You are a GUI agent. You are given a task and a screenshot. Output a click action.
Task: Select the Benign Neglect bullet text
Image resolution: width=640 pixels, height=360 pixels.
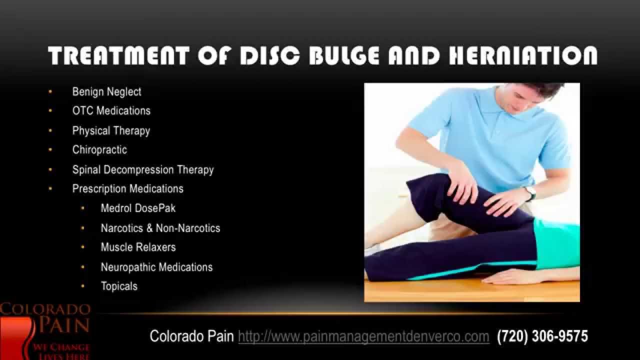click(x=106, y=92)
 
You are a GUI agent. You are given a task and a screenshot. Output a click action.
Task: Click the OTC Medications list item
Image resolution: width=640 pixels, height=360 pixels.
click(x=111, y=110)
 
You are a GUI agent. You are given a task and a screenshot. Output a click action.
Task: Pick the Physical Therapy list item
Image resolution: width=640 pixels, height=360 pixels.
click(x=111, y=130)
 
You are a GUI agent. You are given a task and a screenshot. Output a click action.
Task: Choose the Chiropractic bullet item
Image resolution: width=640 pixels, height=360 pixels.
click(x=99, y=149)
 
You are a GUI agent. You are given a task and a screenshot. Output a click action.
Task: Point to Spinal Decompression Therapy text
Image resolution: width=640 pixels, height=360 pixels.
click(x=143, y=169)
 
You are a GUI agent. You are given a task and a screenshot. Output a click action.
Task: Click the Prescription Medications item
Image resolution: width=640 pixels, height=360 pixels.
click(x=127, y=188)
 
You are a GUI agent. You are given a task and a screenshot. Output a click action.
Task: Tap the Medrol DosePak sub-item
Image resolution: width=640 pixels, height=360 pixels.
click(x=138, y=208)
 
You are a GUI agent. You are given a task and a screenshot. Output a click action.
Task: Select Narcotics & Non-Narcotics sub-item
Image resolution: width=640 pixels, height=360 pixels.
click(x=160, y=228)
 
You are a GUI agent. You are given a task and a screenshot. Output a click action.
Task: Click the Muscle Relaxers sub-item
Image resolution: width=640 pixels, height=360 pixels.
click(x=138, y=247)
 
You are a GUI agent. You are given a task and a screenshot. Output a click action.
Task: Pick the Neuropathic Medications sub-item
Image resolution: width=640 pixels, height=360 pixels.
click(x=156, y=267)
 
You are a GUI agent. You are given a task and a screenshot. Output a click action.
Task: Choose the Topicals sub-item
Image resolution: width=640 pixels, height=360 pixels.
click(x=119, y=286)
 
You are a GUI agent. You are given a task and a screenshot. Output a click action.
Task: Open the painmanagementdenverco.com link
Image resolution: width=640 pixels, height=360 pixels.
click(x=363, y=336)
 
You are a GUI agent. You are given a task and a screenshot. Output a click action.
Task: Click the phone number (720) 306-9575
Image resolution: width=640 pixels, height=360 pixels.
click(x=542, y=336)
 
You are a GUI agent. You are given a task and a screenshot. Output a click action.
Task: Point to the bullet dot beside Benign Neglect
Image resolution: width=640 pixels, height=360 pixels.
click(x=50, y=92)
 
